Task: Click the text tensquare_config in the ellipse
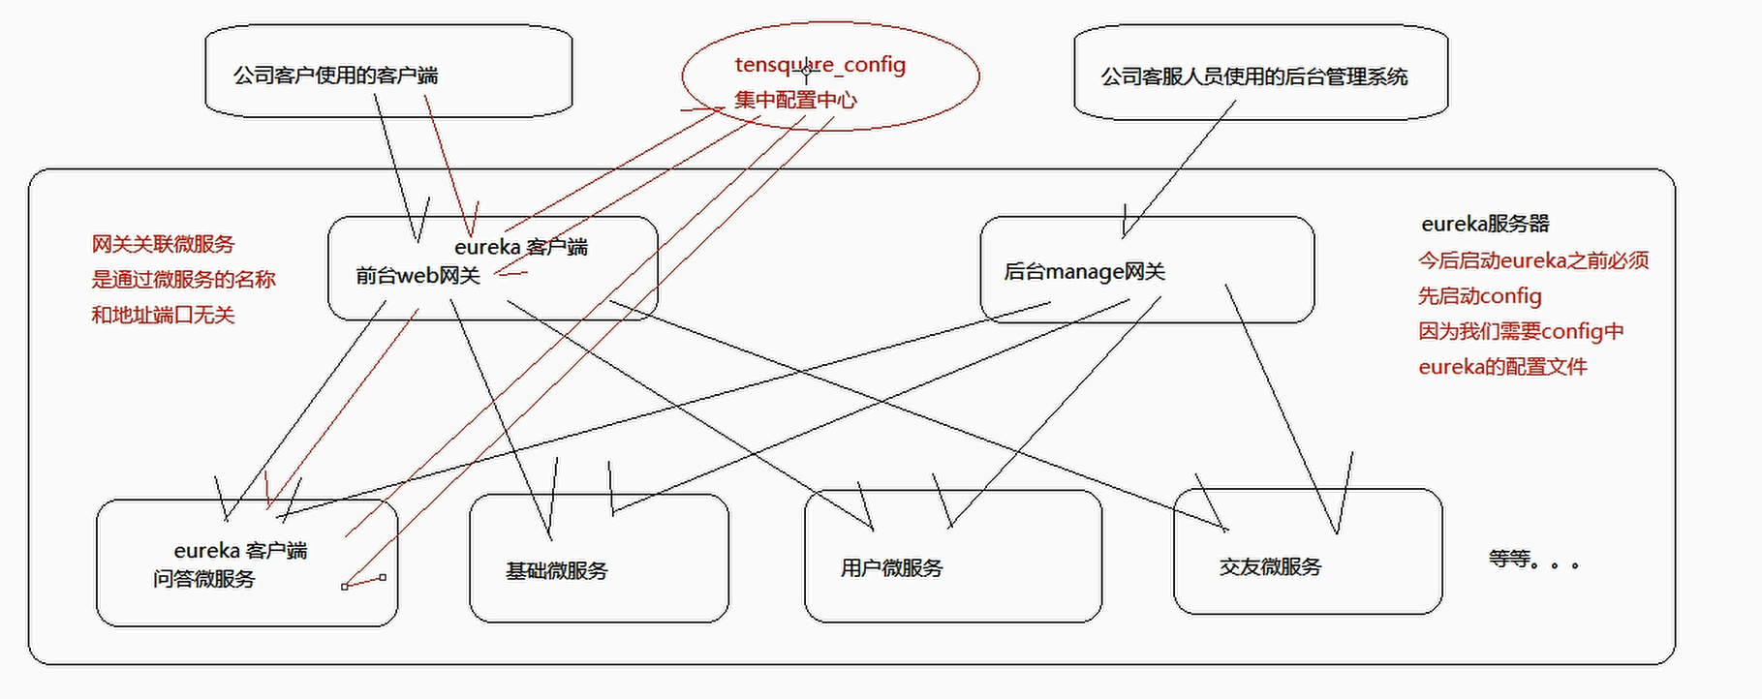819,65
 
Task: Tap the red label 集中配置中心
794,100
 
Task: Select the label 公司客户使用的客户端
335,76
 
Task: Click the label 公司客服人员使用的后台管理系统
1253,77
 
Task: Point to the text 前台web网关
417,276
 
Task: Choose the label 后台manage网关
1084,272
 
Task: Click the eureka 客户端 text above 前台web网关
520,248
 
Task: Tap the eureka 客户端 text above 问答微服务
240,551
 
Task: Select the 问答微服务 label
203,579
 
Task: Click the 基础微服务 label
556,571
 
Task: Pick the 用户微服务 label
891,568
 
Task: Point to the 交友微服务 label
1270,567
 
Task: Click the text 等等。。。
1533,560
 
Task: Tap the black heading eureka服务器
1485,225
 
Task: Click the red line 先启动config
1479,296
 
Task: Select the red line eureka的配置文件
1502,367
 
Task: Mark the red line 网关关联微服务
163,244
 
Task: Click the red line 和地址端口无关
163,315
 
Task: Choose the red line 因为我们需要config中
1520,332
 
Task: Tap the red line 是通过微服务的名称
183,280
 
